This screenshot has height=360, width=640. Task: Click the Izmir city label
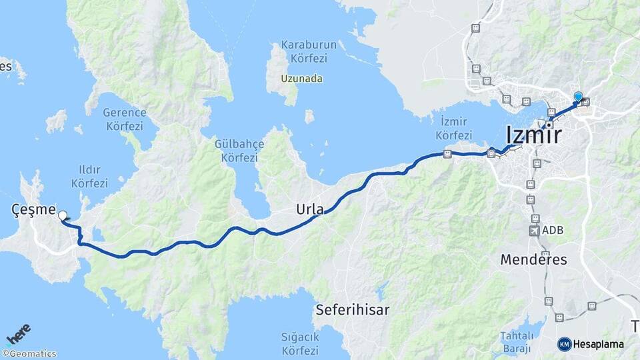[533, 135]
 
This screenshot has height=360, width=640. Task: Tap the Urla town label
[310, 209]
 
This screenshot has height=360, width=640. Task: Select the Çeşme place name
[33, 209]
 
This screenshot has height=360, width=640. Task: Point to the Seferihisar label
[353, 309]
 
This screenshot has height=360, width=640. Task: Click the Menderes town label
[533, 259]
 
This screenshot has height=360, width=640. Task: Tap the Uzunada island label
[301, 79]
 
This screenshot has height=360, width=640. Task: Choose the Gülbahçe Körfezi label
[239, 151]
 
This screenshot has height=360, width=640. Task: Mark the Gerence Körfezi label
[124, 118]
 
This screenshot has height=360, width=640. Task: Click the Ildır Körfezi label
[89, 176]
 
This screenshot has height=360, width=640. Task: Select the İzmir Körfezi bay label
[453, 127]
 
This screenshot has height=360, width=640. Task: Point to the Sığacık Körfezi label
[300, 343]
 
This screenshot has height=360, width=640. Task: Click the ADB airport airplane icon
[534, 231]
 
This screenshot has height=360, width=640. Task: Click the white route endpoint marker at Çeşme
[63, 215]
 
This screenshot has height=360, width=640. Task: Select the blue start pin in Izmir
[578, 97]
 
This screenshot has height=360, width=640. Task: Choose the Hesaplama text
[599, 344]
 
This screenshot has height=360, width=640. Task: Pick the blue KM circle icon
[564, 344]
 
